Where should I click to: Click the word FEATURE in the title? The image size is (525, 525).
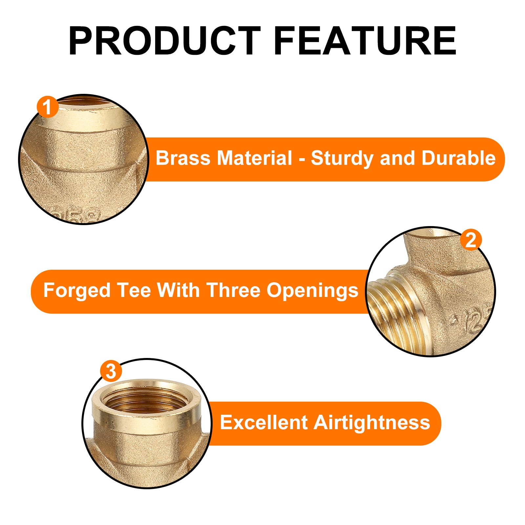pos(365,41)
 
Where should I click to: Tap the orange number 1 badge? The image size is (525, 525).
pos(48,107)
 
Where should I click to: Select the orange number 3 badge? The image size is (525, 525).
pos(111,371)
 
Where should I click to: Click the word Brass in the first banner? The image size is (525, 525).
pos(183,158)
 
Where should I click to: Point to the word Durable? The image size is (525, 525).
pos(458,158)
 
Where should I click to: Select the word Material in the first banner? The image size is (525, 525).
pos(255,158)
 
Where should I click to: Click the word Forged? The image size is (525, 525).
pos(77,291)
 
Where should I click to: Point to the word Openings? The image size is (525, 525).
pos(312,291)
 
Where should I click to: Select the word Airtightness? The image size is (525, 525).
pos(372,423)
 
